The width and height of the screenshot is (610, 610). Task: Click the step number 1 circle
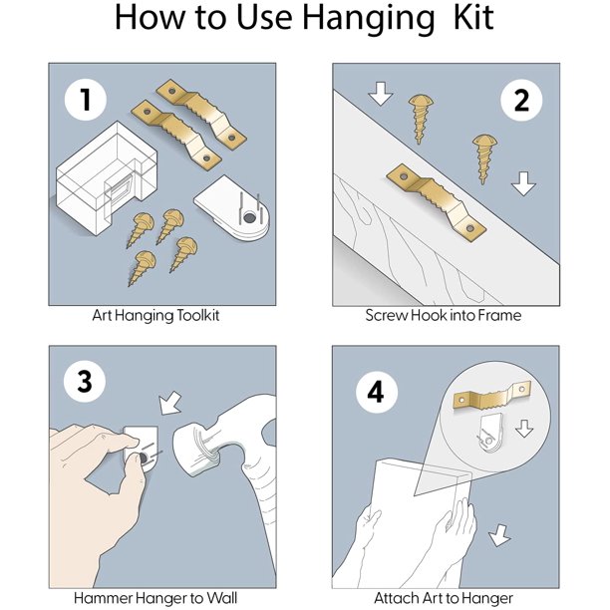(x=85, y=100)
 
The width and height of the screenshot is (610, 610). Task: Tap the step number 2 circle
(x=521, y=100)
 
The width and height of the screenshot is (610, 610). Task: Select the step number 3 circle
(x=85, y=381)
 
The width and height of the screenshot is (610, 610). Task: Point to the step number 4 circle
(x=376, y=392)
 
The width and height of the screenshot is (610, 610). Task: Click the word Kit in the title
(x=473, y=17)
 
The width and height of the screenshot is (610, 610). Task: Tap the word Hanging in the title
(x=368, y=20)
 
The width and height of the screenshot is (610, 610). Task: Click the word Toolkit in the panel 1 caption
(x=198, y=315)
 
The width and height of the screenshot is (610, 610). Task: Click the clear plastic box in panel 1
(x=107, y=178)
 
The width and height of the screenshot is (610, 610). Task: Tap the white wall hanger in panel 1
(x=232, y=208)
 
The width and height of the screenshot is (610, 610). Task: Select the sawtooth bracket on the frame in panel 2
(x=437, y=203)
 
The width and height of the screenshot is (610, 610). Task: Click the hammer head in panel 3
(x=202, y=448)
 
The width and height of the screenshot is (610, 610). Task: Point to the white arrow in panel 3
(x=170, y=403)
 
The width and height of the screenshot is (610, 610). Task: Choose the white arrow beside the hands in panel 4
(x=499, y=535)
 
